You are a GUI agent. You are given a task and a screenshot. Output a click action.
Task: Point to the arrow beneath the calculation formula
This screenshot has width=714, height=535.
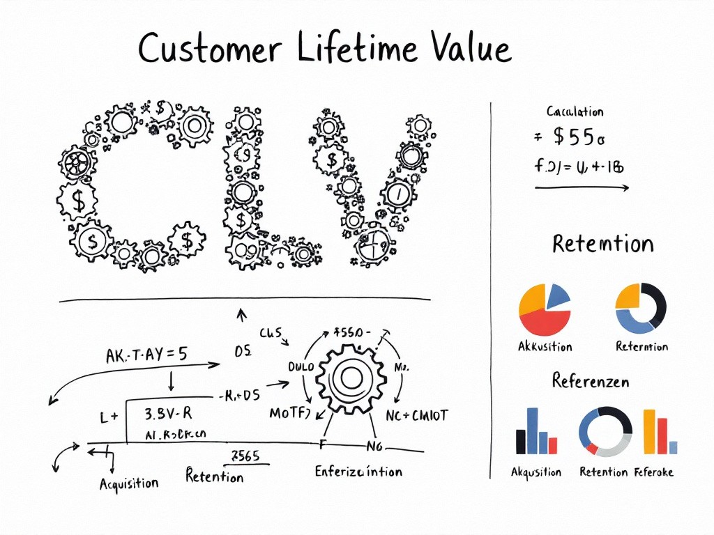click(x=582, y=187)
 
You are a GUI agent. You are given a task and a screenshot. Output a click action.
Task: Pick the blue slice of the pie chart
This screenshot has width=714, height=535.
click(x=557, y=296)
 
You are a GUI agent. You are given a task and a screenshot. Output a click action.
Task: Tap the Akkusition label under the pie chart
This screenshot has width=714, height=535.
click(x=545, y=347)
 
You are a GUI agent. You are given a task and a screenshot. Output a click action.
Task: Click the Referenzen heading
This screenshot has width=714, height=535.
click(x=590, y=381)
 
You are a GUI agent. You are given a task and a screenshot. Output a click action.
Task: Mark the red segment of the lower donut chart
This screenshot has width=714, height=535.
click(x=592, y=448)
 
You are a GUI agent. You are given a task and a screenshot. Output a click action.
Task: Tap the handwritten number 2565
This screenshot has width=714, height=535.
click(x=245, y=457)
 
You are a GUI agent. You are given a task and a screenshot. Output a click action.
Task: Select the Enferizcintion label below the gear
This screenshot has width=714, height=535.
click(x=358, y=472)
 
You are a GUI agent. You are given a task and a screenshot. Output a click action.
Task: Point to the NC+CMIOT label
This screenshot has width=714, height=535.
click(x=417, y=415)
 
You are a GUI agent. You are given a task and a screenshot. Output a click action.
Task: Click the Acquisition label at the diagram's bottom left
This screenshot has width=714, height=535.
click(x=129, y=483)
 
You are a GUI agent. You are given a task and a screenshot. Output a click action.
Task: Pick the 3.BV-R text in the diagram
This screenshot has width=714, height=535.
click(x=167, y=413)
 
